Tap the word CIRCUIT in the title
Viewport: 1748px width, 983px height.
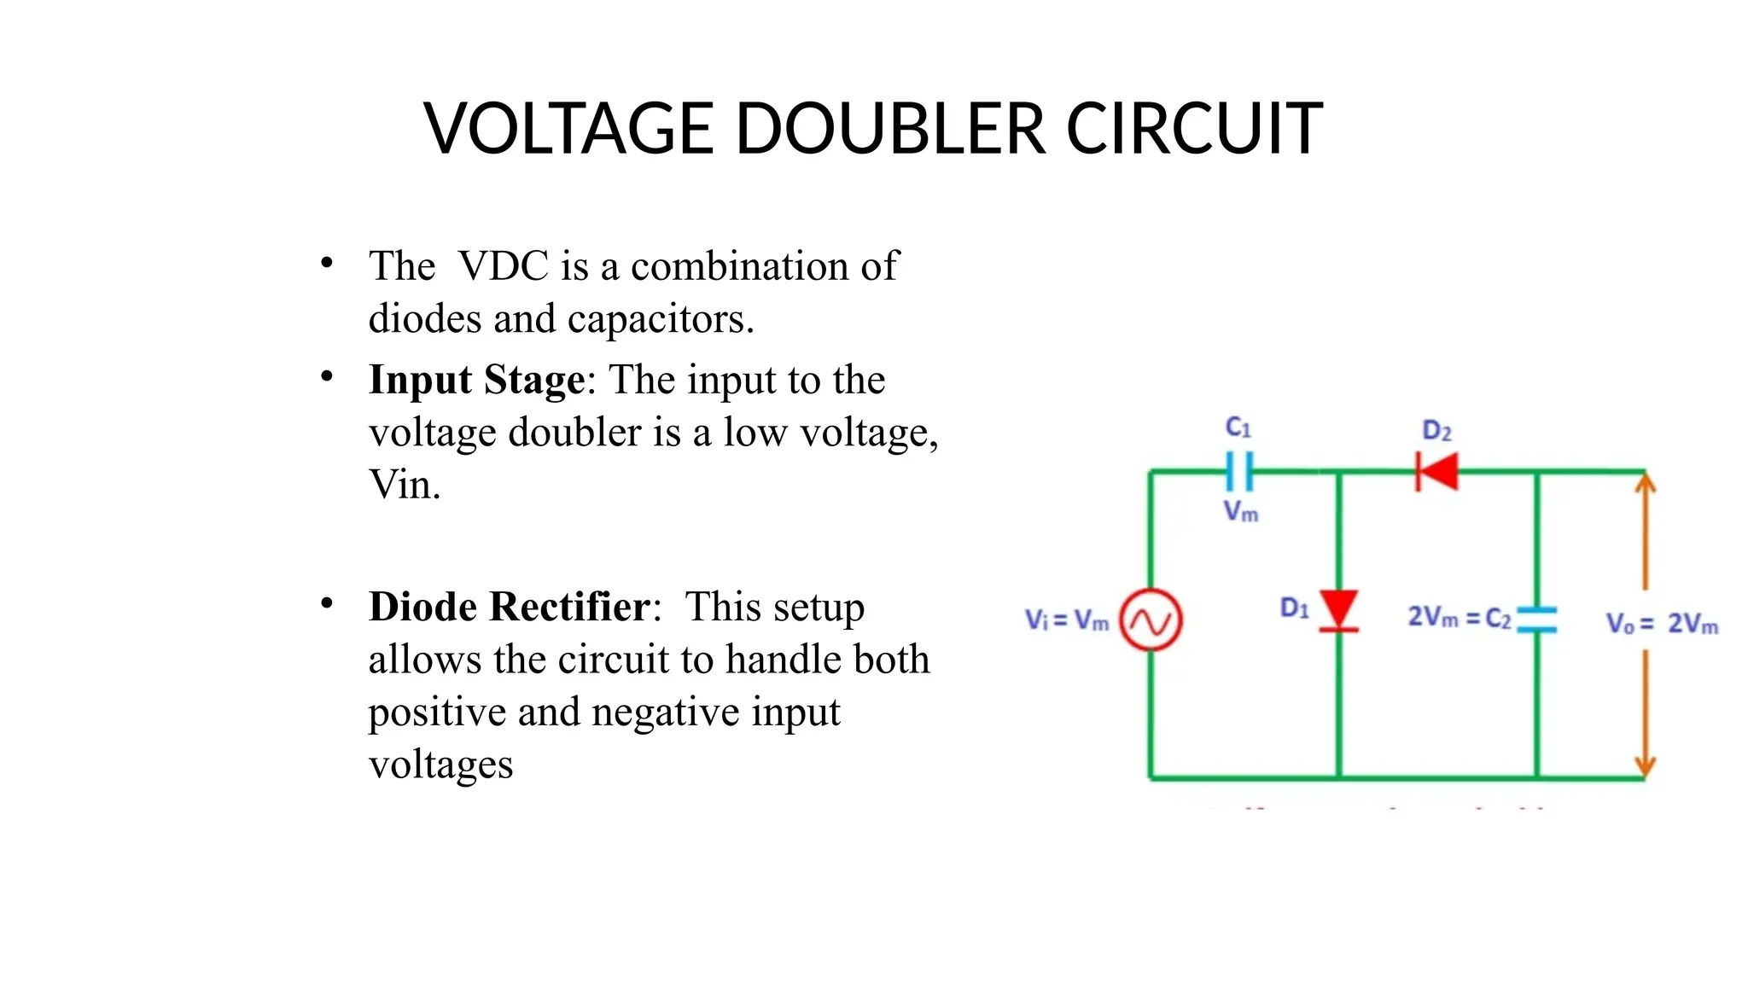1194,129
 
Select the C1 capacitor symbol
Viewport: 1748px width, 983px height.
1238,471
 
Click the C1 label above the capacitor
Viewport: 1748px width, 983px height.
1238,427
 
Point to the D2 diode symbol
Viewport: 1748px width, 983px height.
1437,471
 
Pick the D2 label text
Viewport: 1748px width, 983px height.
1436,431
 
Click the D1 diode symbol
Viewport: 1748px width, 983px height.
1338,611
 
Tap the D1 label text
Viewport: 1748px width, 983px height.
1294,608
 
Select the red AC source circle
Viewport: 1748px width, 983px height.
1151,620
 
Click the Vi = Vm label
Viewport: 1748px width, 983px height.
1066,620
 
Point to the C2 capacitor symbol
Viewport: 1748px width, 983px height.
1537,619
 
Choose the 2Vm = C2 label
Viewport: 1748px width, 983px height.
1459,617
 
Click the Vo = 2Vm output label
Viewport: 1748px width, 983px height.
1661,624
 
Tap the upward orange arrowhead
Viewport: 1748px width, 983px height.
1645,484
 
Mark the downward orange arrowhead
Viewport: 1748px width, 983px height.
1645,765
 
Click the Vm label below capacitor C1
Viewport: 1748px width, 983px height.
1240,511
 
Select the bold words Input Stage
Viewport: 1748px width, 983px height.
477,380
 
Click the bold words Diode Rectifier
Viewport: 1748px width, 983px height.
510,607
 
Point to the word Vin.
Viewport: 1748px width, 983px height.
403,485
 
